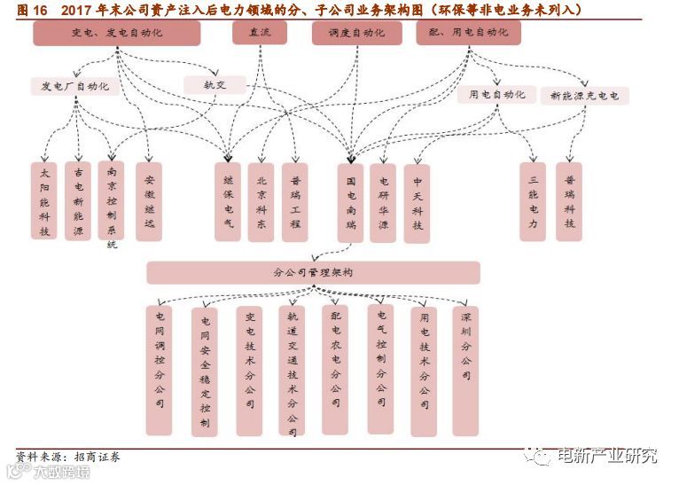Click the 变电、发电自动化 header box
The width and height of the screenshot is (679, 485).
pyautogui.click(x=117, y=33)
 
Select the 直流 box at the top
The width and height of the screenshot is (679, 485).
pyautogui.click(x=260, y=33)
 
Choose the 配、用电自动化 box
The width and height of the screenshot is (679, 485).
pyautogui.click(x=467, y=33)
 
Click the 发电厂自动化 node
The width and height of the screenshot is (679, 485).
pyautogui.click(x=74, y=86)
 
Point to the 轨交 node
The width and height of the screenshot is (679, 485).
pyautogui.click(x=215, y=85)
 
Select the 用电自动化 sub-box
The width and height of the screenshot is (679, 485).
pyautogui.click(x=496, y=95)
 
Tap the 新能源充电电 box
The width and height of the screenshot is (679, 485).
pyautogui.click(x=584, y=95)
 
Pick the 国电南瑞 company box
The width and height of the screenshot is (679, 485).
pyautogui.click(x=351, y=203)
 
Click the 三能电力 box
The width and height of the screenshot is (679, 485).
pyautogui.click(x=533, y=201)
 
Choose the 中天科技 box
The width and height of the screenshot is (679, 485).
pyautogui.click(x=417, y=203)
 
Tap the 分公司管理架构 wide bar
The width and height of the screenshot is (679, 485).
pyautogui.click(x=313, y=272)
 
